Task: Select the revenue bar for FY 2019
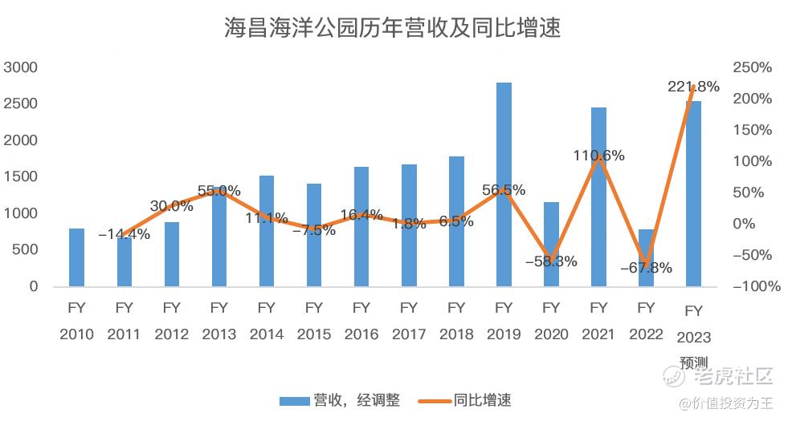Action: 504,184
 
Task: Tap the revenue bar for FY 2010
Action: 76,257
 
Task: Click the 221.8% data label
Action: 693,87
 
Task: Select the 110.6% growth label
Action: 598,156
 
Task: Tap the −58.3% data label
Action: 551,261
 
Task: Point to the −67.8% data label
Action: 646,268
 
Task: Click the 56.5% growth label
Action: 504,190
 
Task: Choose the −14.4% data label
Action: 124,234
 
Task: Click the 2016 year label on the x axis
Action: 361,334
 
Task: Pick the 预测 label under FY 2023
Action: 693,362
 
